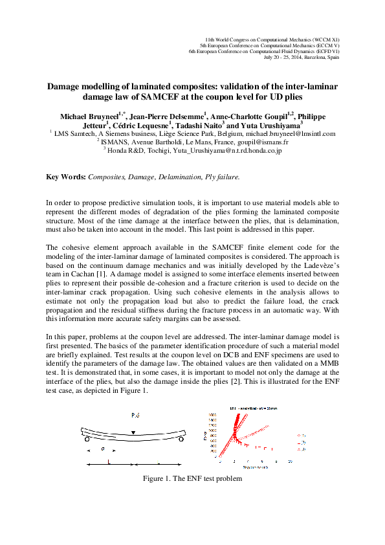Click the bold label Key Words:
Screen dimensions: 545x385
tap(65, 177)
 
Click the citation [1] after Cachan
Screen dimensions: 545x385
tap(147, 256)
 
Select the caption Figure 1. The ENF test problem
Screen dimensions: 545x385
tap(192, 479)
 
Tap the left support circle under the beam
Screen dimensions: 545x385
tap(85, 439)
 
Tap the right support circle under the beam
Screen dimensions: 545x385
tap(181, 439)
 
